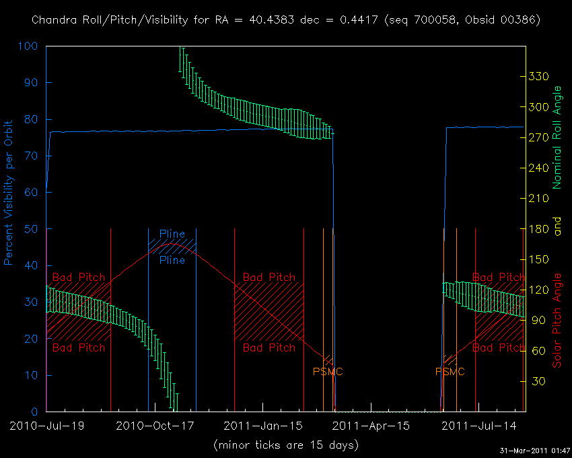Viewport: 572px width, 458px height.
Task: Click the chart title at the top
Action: (x=286, y=20)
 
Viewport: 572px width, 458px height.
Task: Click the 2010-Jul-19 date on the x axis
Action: (x=46, y=426)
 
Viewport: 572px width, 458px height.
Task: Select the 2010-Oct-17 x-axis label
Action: (x=154, y=426)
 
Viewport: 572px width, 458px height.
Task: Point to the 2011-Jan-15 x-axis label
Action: (x=262, y=426)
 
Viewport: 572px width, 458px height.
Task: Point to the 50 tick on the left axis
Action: (x=31, y=229)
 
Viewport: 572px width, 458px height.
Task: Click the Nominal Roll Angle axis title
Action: (x=557, y=137)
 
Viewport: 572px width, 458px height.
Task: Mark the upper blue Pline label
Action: (x=172, y=234)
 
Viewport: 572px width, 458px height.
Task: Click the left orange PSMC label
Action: (x=328, y=371)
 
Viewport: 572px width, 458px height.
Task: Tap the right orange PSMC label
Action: (x=450, y=371)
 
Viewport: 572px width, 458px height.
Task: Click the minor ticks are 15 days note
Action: (x=286, y=445)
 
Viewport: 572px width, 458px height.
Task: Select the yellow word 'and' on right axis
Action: (x=557, y=229)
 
